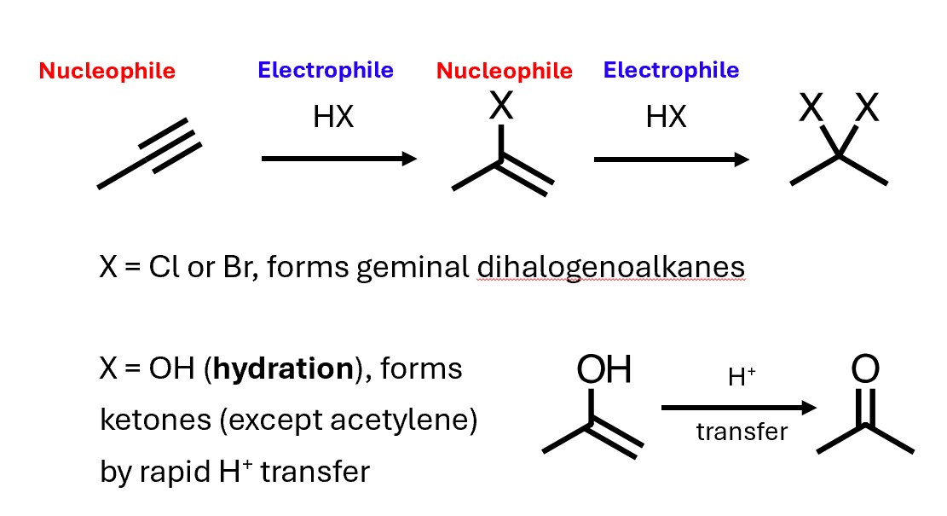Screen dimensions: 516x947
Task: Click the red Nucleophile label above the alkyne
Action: pyautogui.click(x=107, y=71)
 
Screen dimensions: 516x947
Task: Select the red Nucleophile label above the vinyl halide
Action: pyautogui.click(x=505, y=71)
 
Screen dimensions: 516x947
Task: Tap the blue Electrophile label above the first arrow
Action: pyautogui.click(x=326, y=70)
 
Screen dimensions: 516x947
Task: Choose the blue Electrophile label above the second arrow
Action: pyautogui.click(x=671, y=70)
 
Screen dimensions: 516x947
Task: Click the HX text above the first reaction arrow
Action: pyautogui.click(x=333, y=117)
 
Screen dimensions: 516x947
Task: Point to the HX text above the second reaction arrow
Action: pyautogui.click(x=666, y=117)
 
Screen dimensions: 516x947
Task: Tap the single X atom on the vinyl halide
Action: pyautogui.click(x=501, y=107)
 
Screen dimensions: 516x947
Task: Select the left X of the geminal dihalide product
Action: pyautogui.click(x=811, y=110)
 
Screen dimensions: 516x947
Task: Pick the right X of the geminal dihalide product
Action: pyautogui.click(x=867, y=110)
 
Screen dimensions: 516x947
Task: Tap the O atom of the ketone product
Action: pyautogui.click(x=865, y=370)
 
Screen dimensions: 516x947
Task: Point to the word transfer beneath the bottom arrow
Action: pyautogui.click(x=742, y=432)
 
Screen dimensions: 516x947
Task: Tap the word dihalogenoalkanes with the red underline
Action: pyautogui.click(x=610, y=268)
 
